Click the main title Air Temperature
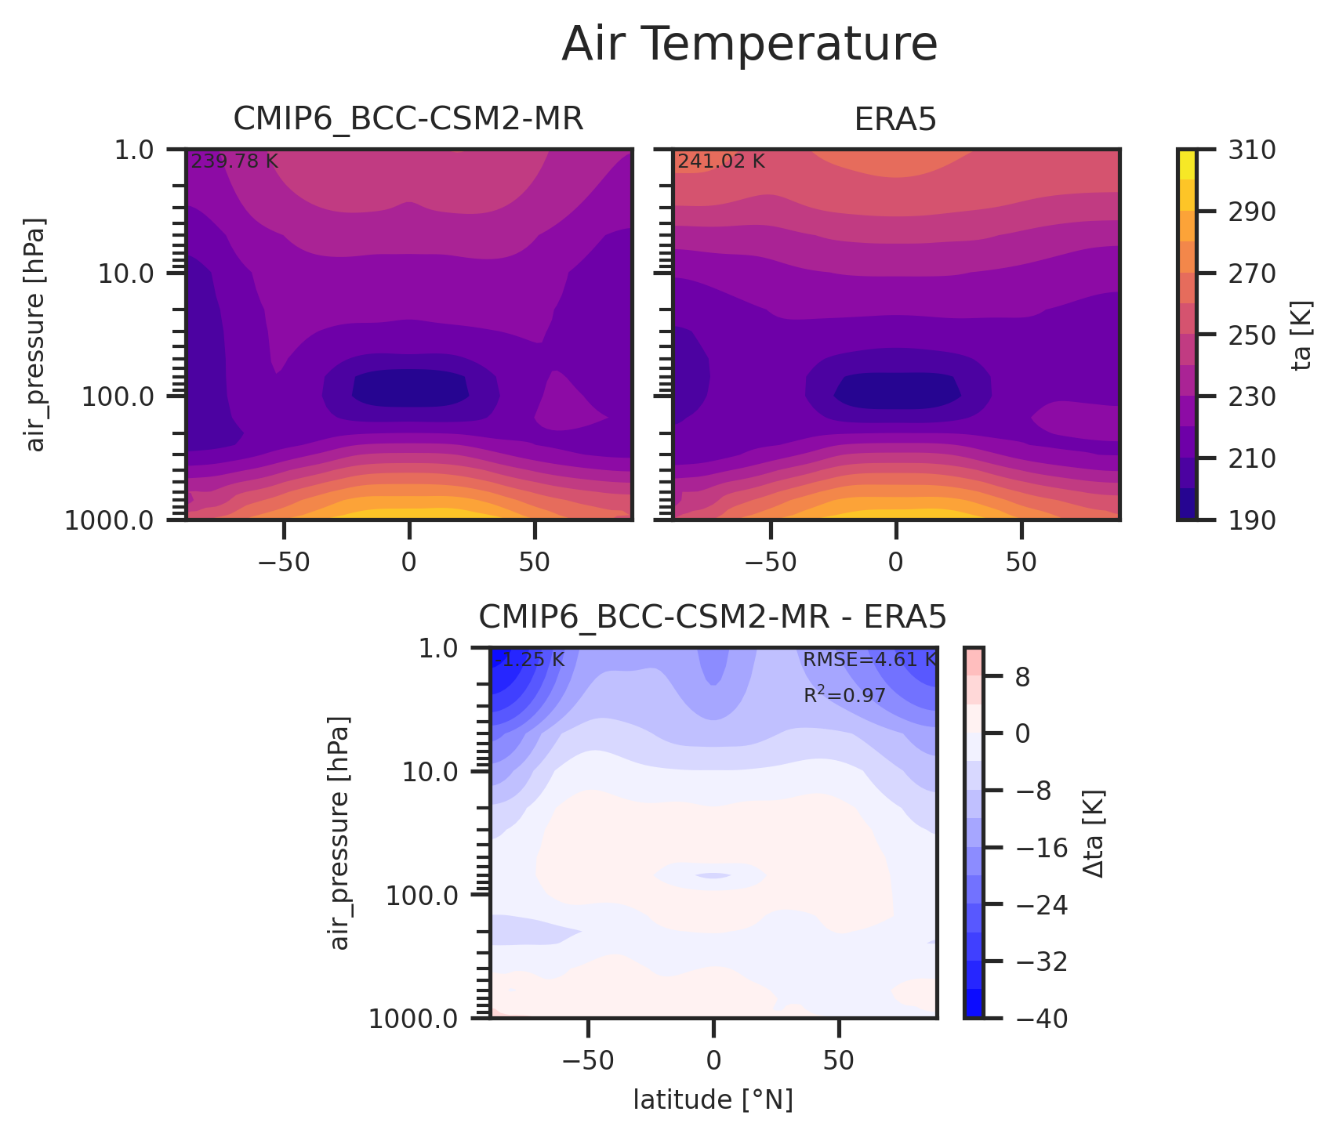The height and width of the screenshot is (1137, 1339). tap(749, 45)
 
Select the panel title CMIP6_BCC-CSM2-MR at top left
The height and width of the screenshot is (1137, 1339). tap(408, 119)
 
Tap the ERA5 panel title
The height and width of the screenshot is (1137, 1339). tap(895, 119)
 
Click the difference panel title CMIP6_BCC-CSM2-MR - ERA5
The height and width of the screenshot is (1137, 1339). tap(713, 618)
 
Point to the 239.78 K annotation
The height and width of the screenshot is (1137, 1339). tap(234, 161)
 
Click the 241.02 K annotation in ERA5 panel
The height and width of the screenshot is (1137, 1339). tap(721, 161)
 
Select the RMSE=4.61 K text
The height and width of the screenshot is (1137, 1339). tap(869, 660)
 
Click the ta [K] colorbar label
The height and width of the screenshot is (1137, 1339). tap(1303, 335)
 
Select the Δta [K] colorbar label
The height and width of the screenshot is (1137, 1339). tap(1094, 833)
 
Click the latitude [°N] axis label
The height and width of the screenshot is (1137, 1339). tap(713, 1100)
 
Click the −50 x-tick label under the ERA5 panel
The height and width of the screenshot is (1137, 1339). tap(771, 562)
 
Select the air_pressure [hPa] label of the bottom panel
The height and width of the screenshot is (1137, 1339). tap(339, 833)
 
